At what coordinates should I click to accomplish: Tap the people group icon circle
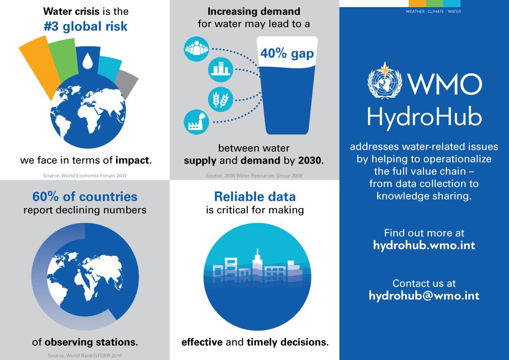pyautogui.click(x=196, y=49)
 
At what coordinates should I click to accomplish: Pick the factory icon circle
pyautogui.click(x=196, y=122)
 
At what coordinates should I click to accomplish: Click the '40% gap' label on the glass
pyautogui.click(x=287, y=53)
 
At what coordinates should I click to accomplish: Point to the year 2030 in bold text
pyautogui.click(x=310, y=160)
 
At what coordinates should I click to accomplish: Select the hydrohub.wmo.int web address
pyautogui.click(x=424, y=245)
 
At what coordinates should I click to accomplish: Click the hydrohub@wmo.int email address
pyautogui.click(x=424, y=295)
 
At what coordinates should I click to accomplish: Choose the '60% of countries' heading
pyautogui.click(x=84, y=196)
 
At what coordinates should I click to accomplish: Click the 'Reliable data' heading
pyautogui.click(x=254, y=196)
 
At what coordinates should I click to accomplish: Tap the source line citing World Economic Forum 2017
pyautogui.click(x=84, y=176)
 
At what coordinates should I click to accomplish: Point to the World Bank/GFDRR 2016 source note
pyautogui.click(x=84, y=355)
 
